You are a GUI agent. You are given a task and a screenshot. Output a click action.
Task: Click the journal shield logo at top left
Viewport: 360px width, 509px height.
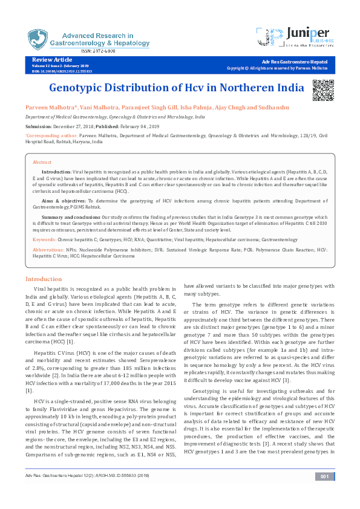[37, 39]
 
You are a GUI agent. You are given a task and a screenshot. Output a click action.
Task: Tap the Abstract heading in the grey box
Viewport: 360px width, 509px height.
[42, 163]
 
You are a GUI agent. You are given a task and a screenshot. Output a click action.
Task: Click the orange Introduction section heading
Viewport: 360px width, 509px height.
[43, 279]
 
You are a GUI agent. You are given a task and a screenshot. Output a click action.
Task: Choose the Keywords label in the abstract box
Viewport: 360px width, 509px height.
[44, 239]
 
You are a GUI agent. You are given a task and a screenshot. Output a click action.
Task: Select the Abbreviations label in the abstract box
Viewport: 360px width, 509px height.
[48, 249]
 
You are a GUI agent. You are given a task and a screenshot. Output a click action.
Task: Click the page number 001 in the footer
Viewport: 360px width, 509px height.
[324, 494]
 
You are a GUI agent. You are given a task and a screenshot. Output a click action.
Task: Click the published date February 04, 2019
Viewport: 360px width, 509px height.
[141, 126]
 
